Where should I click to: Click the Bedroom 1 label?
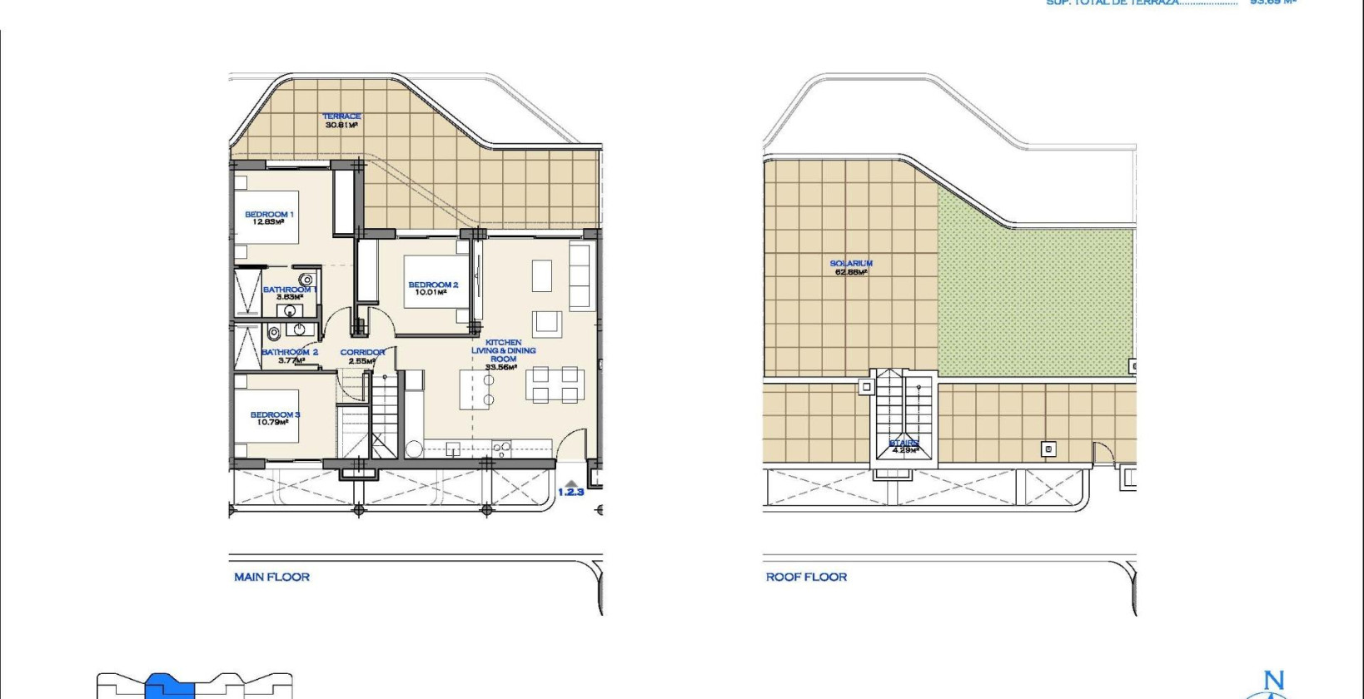[x=268, y=215]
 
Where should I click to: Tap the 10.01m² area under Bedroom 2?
[x=432, y=293]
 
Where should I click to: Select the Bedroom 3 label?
[x=274, y=414]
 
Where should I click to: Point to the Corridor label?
[x=362, y=352]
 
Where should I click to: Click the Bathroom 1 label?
[x=289, y=290]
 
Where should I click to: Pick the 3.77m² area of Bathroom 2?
[x=289, y=360]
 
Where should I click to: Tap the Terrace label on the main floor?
[x=341, y=116]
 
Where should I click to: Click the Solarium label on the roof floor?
[x=850, y=263]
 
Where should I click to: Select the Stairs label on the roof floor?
[x=904, y=443]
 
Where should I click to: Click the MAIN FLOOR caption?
[x=271, y=577]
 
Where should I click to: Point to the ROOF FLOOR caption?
[x=806, y=577]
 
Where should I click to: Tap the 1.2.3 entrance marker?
[x=570, y=492]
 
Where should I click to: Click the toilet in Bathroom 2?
[x=273, y=333]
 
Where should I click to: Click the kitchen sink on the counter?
[x=452, y=449]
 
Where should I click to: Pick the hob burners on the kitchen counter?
[x=501, y=449]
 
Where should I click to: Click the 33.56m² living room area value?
[x=503, y=367]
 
